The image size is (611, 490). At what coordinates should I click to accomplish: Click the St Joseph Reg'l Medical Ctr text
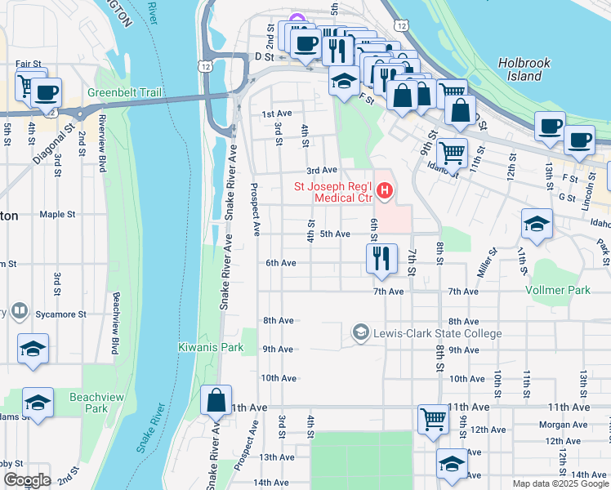333,191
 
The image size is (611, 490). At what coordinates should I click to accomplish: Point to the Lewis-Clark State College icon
359,332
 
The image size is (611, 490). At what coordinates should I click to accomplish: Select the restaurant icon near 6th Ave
381,259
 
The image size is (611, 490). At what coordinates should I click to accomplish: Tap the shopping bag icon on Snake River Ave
216,401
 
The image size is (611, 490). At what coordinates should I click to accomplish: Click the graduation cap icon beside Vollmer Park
537,225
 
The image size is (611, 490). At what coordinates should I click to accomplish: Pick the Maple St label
57,214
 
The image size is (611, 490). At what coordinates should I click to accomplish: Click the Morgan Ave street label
559,425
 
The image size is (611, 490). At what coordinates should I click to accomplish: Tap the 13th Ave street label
276,457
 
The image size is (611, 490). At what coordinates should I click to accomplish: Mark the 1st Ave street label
276,114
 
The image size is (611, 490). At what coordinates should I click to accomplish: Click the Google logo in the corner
26,480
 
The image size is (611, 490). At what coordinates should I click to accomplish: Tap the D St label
262,57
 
